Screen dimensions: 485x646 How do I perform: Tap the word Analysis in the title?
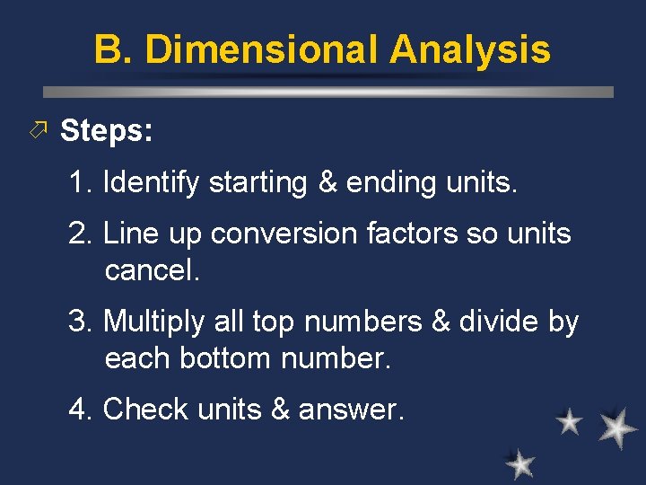coord(470,49)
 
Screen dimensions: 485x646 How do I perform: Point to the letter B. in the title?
coord(113,49)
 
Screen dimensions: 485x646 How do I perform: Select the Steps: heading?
coord(106,131)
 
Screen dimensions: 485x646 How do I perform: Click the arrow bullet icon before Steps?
coord(37,131)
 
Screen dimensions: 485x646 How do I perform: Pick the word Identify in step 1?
coord(151,182)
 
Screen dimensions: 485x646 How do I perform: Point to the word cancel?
coord(151,270)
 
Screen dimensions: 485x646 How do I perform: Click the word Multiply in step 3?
coord(156,322)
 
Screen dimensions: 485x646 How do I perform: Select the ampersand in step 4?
coord(280,410)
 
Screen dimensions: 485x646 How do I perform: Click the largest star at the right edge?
coord(617,428)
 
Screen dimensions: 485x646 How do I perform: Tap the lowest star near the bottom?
coord(519,463)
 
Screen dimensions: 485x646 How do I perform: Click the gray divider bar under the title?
coord(328,92)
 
